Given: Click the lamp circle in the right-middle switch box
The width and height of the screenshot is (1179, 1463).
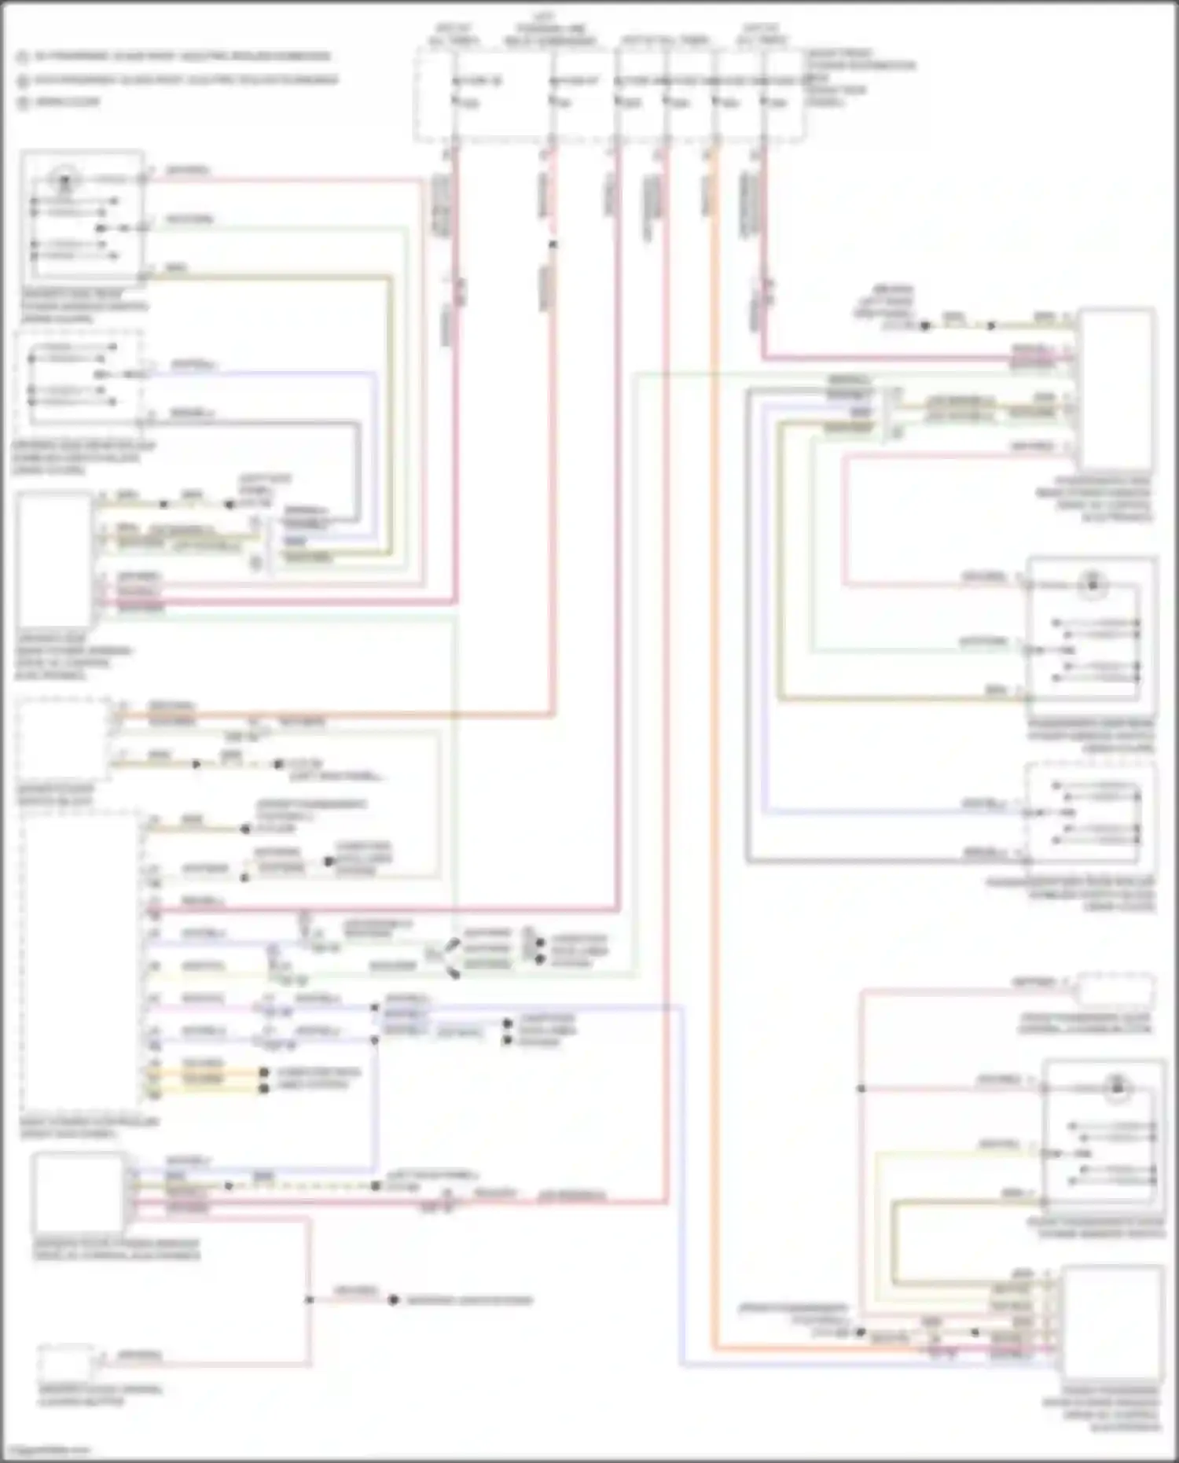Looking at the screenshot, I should coord(1093,584).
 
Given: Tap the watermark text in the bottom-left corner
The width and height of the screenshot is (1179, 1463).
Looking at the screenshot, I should coord(47,1449).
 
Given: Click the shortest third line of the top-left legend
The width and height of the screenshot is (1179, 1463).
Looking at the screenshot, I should coord(67,102).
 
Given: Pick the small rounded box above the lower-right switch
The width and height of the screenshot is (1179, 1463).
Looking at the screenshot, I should coord(1115,990).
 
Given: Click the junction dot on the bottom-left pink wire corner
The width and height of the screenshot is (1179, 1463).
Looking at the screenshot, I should coord(310,1299).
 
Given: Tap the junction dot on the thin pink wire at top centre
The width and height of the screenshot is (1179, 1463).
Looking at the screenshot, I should coord(553,244).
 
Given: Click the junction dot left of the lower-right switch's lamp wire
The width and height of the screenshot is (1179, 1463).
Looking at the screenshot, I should coord(861,1089).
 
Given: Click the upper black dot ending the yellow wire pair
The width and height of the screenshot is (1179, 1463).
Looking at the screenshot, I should coord(265,1072).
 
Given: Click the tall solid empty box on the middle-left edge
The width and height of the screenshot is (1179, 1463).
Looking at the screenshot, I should coord(55,560).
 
